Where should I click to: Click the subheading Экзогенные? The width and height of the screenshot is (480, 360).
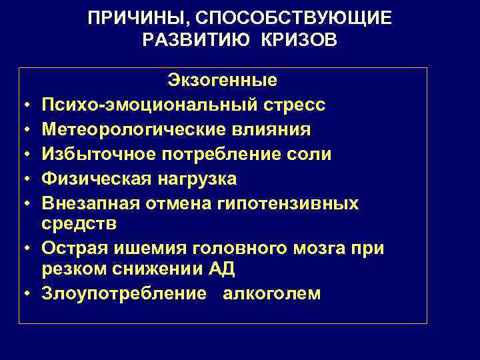222,81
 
